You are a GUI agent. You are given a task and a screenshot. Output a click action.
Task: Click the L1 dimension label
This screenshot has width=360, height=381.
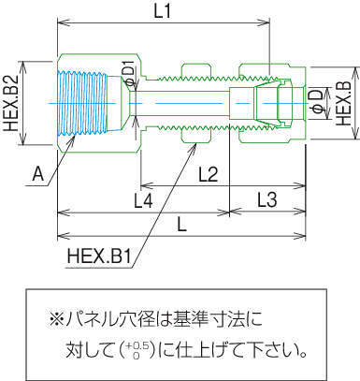163,12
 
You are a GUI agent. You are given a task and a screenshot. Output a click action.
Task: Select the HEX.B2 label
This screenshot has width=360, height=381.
13,103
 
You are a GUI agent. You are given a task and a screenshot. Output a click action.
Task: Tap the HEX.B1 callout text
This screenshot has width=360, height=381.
98,256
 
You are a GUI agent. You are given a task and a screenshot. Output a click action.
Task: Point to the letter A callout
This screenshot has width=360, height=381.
38,174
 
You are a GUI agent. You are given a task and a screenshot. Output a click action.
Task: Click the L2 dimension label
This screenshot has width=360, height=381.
209,174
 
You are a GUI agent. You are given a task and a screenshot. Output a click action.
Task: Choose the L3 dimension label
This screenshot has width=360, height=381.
267,199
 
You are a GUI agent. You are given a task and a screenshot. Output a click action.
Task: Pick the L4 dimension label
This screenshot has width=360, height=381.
143,200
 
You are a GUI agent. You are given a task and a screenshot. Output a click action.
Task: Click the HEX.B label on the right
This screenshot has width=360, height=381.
344,104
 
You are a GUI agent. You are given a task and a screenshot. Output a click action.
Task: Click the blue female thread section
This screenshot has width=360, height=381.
82,103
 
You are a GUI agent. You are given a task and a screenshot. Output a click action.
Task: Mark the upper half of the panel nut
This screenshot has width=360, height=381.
196,70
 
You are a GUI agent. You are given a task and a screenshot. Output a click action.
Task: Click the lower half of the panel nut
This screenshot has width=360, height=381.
196,136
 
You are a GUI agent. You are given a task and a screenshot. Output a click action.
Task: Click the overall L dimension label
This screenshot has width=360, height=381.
181,225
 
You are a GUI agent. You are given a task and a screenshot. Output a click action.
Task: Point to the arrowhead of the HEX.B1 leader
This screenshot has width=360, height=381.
196,143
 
